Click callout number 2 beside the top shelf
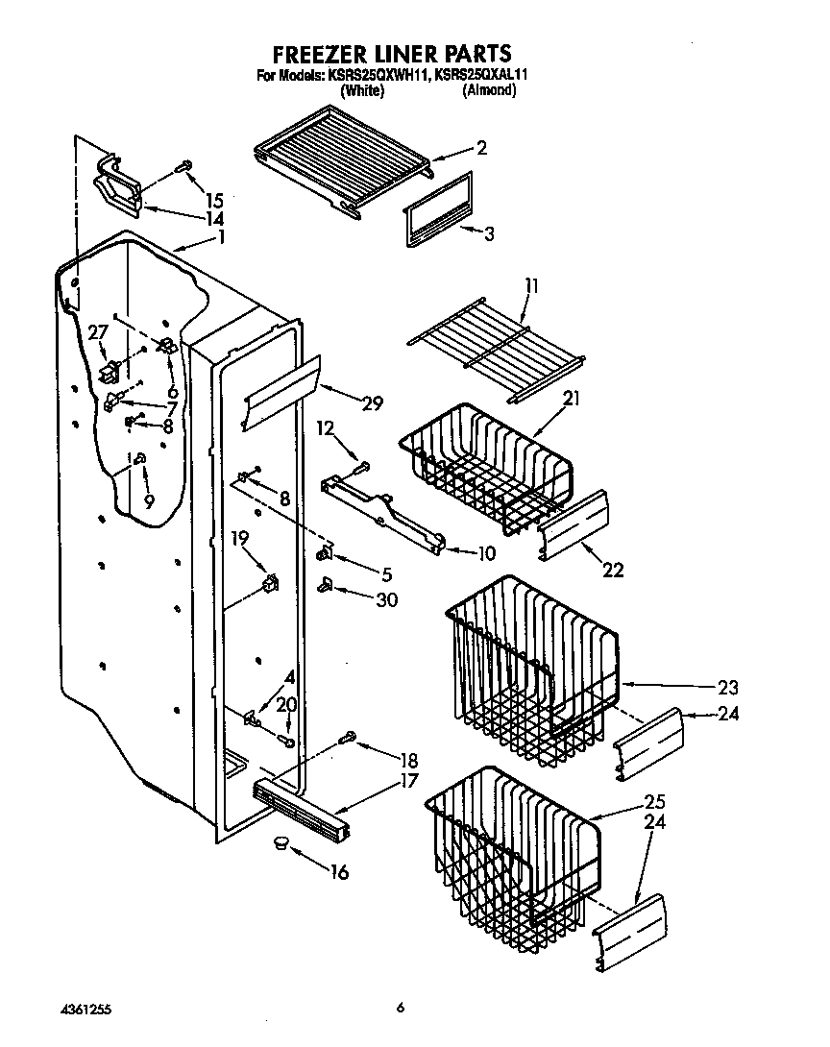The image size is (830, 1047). [x=481, y=148]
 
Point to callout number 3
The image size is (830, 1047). [x=489, y=233]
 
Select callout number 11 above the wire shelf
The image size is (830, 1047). [x=531, y=286]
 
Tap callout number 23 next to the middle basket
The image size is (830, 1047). [x=727, y=687]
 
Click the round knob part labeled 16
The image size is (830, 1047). [x=280, y=842]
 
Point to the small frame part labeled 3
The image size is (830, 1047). [x=437, y=208]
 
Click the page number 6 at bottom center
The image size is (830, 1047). [x=401, y=1008]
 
